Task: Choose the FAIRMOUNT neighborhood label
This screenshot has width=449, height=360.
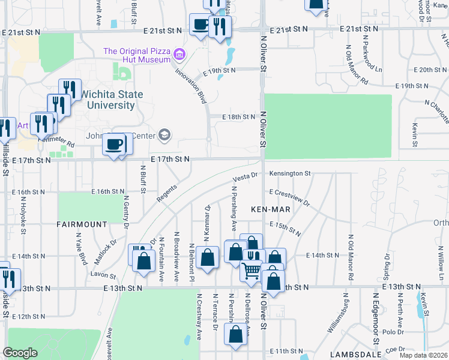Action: click(81, 224)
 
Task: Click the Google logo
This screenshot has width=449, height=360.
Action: click(20, 353)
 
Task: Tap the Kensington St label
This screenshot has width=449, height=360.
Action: click(289, 174)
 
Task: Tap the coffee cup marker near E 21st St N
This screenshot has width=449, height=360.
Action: click(200, 25)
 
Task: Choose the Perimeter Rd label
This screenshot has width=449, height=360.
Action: click(57, 142)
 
